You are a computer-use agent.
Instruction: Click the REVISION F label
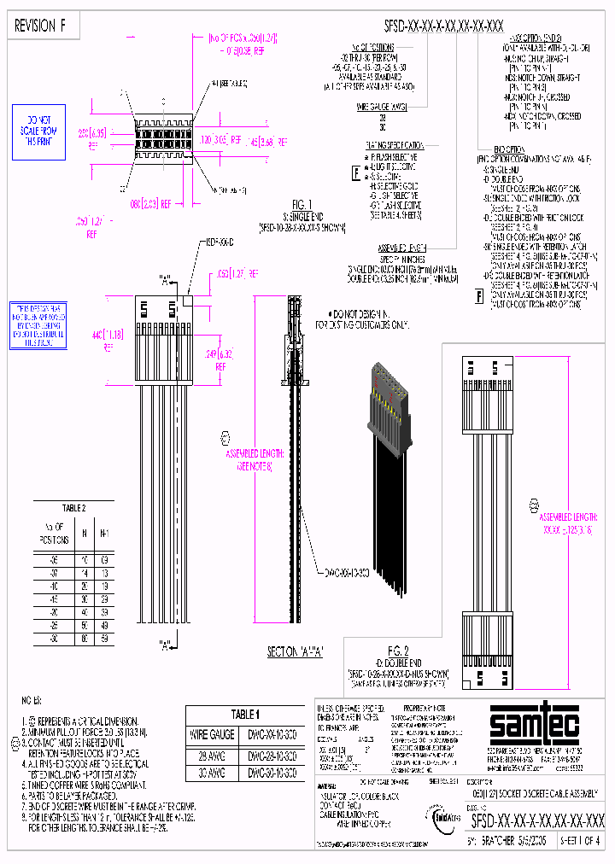tap(40, 26)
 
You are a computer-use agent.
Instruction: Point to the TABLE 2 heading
tap(73, 507)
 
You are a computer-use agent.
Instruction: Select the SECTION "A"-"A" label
tap(296, 651)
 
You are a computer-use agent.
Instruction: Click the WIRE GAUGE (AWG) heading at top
tap(382, 106)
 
